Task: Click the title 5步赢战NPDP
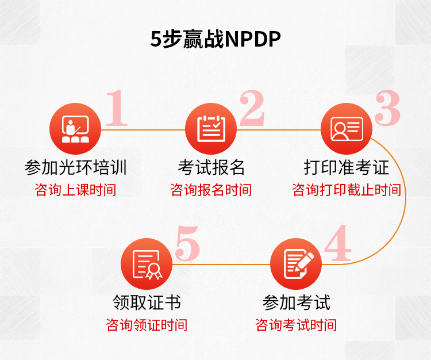(215, 39)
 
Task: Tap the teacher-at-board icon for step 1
(75, 129)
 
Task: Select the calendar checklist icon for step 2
(211, 129)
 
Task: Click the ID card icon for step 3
(347, 129)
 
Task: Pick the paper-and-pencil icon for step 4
(296, 264)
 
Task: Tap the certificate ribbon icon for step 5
(147, 264)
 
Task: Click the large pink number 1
(117, 108)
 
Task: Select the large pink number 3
(387, 108)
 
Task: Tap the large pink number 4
(338, 243)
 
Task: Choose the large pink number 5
(188, 243)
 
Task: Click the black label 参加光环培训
(76, 167)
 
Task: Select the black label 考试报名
(211, 167)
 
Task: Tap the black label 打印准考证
(347, 167)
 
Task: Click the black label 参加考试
(297, 302)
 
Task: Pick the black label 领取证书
(147, 302)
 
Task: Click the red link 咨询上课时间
(75, 190)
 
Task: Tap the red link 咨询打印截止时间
(347, 190)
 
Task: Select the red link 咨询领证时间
(147, 325)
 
